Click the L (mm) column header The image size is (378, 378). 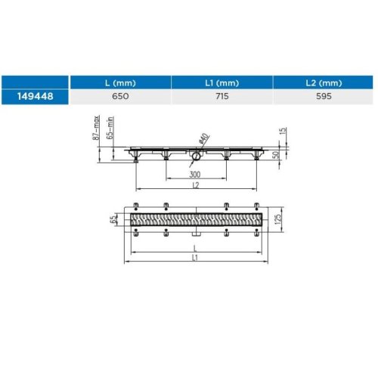pos(120,83)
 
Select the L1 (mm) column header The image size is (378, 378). pos(222,83)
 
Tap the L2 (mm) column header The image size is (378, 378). pos(324,83)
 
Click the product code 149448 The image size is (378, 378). pos(36,96)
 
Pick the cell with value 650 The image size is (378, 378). pos(120,96)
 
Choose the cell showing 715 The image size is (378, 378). pos(222,96)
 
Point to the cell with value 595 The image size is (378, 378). pos(324,96)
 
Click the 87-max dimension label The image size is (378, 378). pos(96,128)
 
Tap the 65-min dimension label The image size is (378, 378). pos(110,128)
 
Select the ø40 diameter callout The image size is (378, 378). pos(204,138)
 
